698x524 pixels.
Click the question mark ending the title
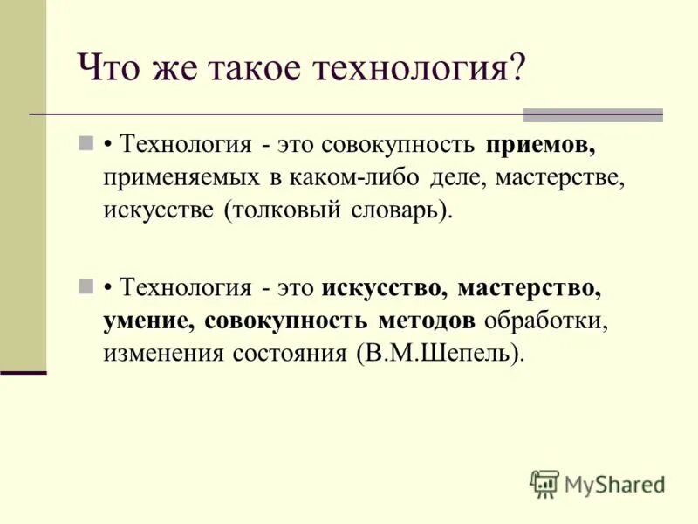(x=517, y=68)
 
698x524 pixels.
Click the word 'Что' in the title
(x=106, y=68)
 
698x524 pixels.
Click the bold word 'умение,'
(x=147, y=321)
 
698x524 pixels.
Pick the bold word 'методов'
(x=427, y=321)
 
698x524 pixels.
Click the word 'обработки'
(x=544, y=321)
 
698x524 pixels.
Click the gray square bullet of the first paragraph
(x=86, y=142)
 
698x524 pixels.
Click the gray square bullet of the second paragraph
(x=86, y=286)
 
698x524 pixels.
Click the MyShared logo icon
(x=544, y=483)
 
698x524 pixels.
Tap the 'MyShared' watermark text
(x=614, y=484)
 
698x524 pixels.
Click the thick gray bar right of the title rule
(x=592, y=115)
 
